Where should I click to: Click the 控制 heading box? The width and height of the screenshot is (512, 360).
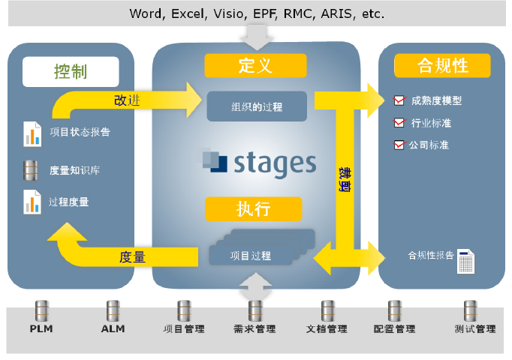click(71, 72)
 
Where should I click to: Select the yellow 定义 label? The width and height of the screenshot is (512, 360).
click(255, 65)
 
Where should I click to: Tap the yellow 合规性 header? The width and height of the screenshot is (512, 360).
click(442, 65)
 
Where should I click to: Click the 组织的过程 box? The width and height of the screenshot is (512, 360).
click(257, 106)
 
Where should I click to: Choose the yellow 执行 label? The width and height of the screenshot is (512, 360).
click(254, 209)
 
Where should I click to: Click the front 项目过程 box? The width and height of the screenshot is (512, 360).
click(251, 255)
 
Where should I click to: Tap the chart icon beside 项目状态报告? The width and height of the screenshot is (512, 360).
click(32, 134)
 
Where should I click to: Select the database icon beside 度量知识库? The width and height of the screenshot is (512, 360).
click(30, 170)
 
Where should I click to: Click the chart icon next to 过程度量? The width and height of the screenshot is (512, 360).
click(32, 202)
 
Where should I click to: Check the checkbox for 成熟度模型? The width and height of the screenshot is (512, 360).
click(399, 100)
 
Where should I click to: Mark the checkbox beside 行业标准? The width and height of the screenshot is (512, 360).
click(399, 122)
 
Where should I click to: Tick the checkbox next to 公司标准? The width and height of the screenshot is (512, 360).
click(399, 145)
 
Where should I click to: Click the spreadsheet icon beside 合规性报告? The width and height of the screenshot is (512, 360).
click(465, 262)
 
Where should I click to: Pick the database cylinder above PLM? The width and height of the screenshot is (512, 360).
click(42, 311)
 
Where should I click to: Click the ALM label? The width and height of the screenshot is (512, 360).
click(113, 328)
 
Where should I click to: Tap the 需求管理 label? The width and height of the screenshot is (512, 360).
click(254, 328)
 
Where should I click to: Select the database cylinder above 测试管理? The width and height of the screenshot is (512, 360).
click(471, 311)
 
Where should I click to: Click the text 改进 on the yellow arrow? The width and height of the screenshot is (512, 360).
click(127, 100)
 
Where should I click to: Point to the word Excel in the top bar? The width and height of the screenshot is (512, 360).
click(189, 14)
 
